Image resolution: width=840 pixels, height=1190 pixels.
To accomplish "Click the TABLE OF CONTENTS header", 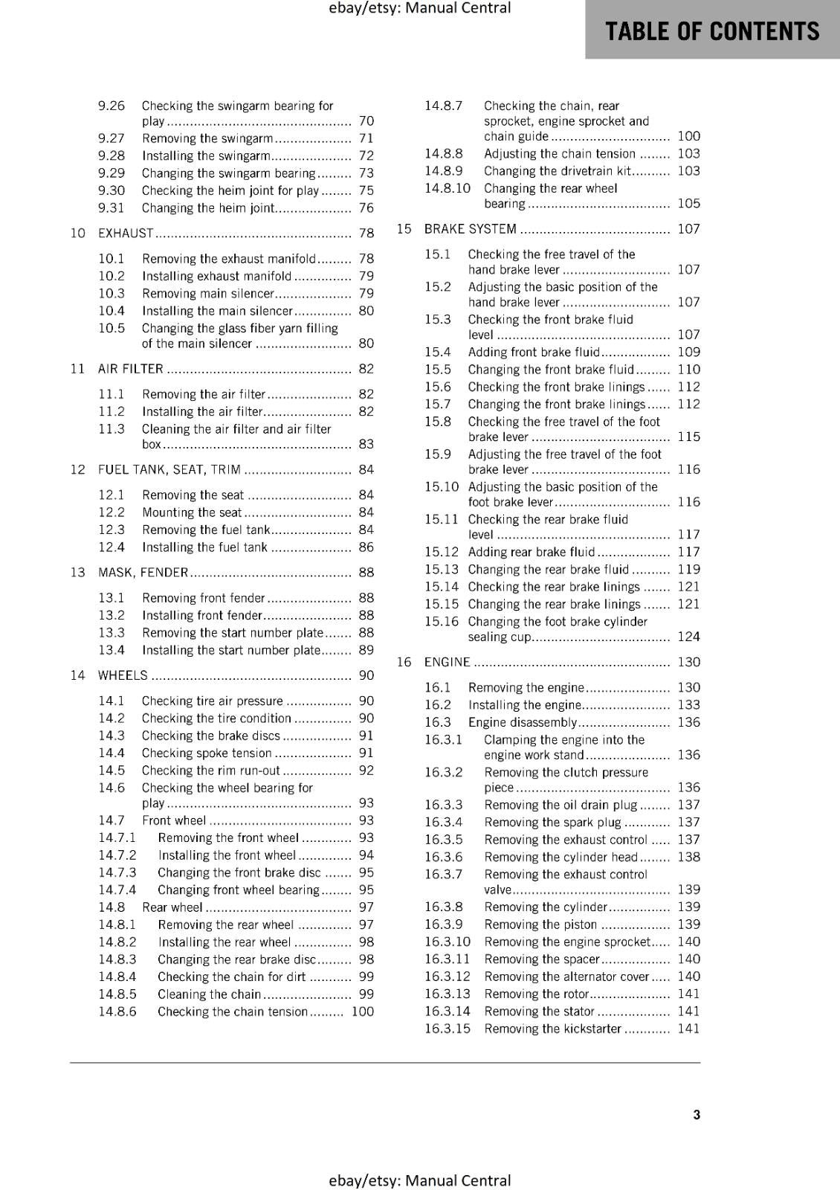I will [712, 31].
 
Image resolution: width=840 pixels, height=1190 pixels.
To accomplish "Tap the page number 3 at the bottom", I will [697, 1114].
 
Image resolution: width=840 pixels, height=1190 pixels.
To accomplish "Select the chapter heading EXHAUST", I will [126, 234].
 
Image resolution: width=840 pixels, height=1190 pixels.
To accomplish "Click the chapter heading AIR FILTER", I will [131, 369].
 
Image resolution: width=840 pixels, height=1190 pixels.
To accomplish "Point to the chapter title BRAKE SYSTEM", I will [470, 229].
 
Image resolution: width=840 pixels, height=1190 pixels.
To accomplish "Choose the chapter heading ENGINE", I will [447, 662].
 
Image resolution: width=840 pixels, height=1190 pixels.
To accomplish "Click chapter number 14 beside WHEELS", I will [78, 675].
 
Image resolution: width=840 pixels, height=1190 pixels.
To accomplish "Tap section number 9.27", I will [112, 138].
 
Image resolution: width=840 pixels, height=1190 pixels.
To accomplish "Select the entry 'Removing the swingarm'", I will [207, 138].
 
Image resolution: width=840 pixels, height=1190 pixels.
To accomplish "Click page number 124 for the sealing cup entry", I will [688, 637].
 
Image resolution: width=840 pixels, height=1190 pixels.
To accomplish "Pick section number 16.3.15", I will [448, 1029].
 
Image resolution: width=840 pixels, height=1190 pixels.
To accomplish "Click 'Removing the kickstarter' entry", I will [552, 1029].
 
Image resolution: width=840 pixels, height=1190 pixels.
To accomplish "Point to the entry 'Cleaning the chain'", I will [209, 994].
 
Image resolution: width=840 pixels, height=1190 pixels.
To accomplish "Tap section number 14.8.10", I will [448, 188].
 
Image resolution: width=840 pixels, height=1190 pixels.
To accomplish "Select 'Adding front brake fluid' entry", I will [533, 353].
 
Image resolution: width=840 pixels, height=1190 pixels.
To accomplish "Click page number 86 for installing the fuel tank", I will [366, 547].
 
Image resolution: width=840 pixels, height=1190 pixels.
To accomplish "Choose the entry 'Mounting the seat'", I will [192, 512].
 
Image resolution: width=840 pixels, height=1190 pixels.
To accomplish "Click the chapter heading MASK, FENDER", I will [143, 573].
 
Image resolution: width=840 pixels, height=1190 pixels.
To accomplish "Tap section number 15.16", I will [442, 622].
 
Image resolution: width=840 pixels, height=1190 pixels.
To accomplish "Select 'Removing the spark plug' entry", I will [552, 823].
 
